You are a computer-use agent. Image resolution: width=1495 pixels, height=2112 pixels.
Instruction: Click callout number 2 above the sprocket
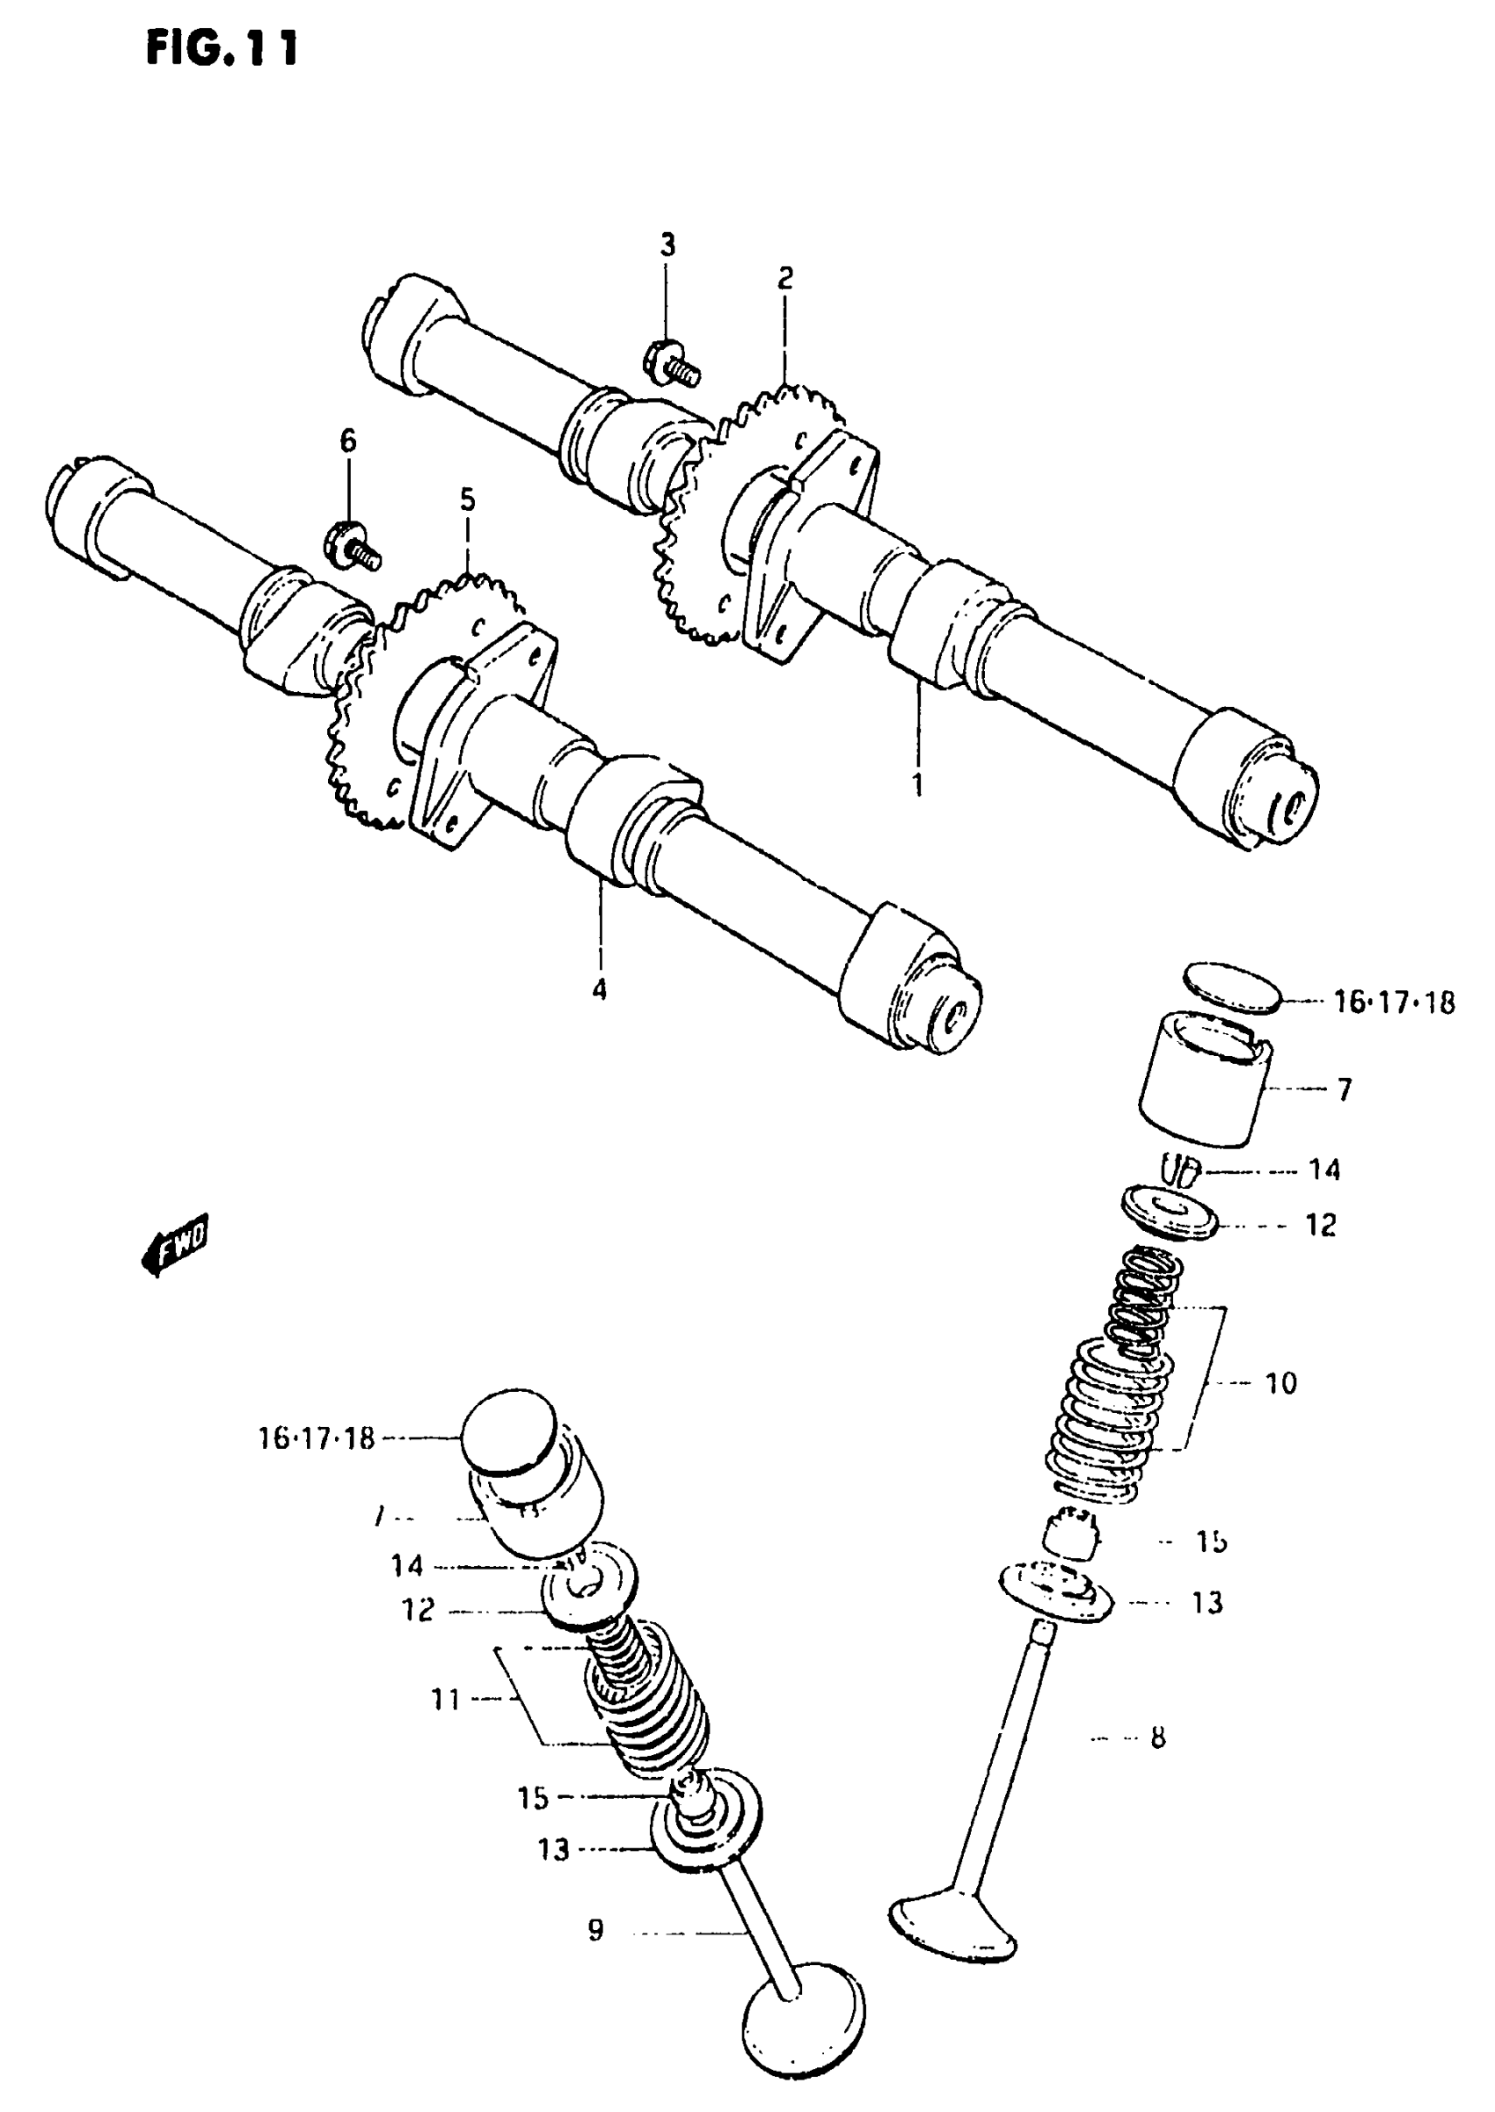point(784,278)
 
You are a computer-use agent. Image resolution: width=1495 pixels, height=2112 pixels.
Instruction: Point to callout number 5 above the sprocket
point(468,500)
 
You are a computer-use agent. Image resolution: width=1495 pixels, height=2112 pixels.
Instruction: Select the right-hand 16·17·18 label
point(1394,1002)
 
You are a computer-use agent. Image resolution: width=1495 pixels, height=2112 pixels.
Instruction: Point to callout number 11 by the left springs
point(446,1699)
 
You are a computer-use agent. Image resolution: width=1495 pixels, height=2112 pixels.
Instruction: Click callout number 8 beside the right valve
point(1157,1737)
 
